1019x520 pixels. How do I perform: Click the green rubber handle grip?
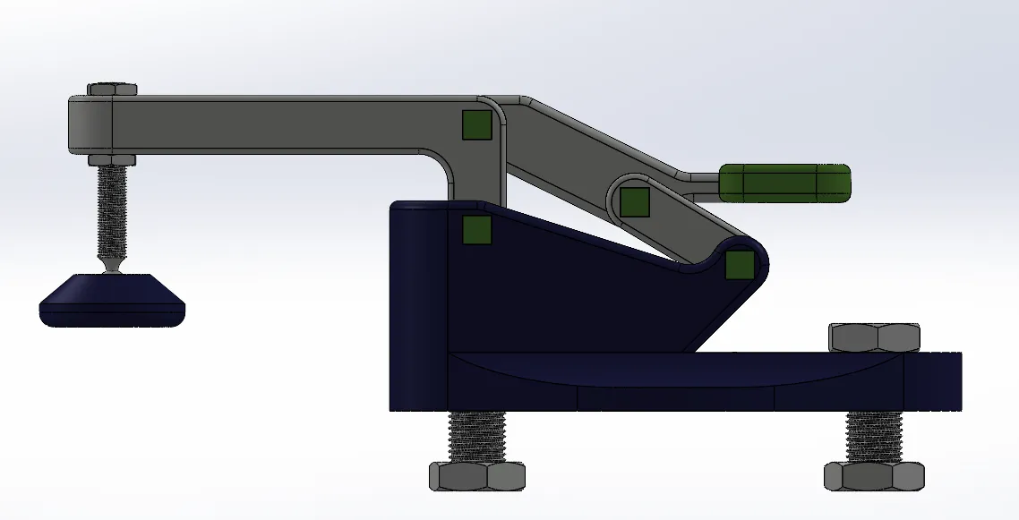784,183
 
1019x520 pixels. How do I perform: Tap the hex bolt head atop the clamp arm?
112,89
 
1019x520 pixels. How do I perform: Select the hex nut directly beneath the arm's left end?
112,159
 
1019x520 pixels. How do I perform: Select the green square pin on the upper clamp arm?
476,125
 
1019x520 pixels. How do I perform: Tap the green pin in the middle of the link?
635,202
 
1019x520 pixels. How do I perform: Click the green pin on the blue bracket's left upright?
476,231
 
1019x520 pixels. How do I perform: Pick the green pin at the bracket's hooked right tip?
739,265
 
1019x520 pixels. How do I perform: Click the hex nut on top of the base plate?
875,337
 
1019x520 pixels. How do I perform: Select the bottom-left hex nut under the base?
476,475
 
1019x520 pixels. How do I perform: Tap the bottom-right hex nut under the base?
873,475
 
